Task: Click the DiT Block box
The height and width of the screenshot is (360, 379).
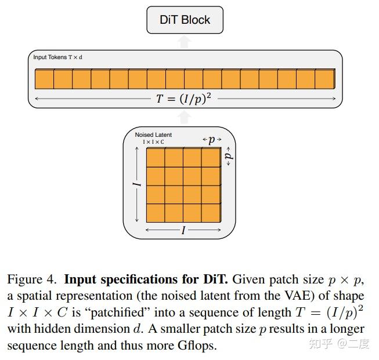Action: (x=185, y=20)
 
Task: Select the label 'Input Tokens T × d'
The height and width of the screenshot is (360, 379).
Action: (x=57, y=57)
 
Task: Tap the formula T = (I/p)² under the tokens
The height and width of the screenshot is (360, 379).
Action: (x=183, y=99)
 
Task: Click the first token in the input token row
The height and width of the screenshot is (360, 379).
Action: (x=44, y=79)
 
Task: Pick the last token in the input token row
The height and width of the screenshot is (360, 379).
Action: (x=325, y=79)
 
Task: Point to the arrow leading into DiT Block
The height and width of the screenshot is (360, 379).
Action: (x=185, y=41)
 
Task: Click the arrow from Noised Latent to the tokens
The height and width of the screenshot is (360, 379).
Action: (x=185, y=117)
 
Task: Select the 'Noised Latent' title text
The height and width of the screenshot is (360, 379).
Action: (x=153, y=135)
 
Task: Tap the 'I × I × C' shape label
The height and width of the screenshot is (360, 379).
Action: (x=153, y=142)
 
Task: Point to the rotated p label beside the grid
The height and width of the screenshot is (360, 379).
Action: (x=228, y=157)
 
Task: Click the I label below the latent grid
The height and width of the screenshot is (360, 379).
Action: (x=183, y=231)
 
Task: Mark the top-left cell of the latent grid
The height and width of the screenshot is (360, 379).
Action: (x=156, y=158)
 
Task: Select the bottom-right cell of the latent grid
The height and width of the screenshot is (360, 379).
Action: (x=211, y=213)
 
